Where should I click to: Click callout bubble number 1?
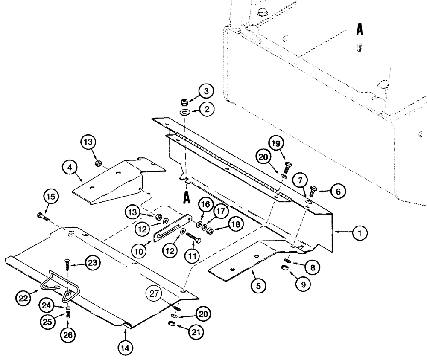359,233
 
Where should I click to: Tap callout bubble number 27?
154,294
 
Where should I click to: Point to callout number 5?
257,285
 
